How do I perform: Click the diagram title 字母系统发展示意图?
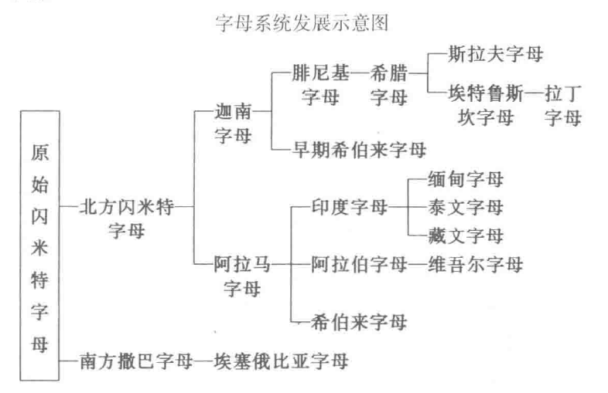(x=302, y=23)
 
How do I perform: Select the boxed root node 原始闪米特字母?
(x=39, y=246)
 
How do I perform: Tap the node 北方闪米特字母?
(x=127, y=219)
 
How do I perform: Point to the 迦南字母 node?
(x=234, y=124)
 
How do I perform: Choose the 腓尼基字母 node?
(x=320, y=85)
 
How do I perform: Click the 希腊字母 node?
(x=389, y=85)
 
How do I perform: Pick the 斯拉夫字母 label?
(x=496, y=54)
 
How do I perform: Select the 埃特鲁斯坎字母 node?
(x=486, y=105)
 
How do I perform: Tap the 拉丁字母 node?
(x=563, y=105)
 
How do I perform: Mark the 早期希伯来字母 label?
(x=360, y=150)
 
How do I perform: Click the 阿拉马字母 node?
(x=242, y=276)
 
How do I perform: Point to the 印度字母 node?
(x=350, y=207)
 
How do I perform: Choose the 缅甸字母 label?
(x=466, y=179)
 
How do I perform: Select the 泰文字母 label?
(x=466, y=207)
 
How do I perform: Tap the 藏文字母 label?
(x=466, y=235)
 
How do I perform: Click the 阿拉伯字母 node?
(x=360, y=265)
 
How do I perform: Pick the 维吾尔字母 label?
(x=476, y=265)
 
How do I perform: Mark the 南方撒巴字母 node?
(x=136, y=361)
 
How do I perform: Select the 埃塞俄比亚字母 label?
(x=281, y=361)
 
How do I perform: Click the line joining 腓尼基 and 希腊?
(x=360, y=73)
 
